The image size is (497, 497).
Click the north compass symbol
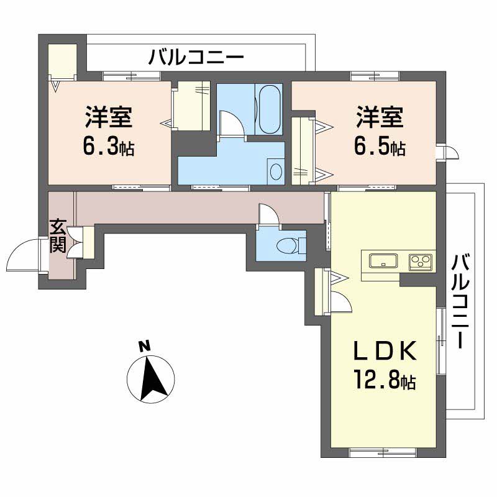(151, 375)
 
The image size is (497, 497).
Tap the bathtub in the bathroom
(270, 109)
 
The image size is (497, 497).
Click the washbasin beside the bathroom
(276, 171)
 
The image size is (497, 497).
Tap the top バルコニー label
(196, 60)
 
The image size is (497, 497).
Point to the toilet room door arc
(269, 215)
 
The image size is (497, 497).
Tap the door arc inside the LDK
(340, 302)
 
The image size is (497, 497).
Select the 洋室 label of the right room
(380, 118)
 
